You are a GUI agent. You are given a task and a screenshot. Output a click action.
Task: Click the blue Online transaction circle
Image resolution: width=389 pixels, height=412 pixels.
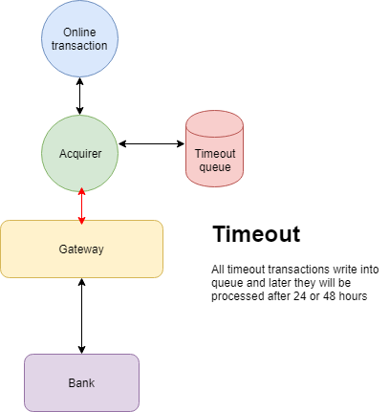[x=80, y=39]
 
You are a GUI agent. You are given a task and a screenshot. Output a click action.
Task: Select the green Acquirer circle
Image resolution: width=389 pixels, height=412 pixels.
[x=80, y=152]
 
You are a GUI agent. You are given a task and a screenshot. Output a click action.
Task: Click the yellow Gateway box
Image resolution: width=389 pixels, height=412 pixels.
[x=81, y=249]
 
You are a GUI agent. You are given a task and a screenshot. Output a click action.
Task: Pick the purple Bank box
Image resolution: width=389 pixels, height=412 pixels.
[x=81, y=382]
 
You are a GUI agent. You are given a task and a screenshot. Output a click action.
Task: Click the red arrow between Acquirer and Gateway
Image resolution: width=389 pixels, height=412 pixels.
[x=81, y=206]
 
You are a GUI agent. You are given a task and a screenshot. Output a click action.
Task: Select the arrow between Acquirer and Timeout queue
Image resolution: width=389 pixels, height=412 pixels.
[x=151, y=144]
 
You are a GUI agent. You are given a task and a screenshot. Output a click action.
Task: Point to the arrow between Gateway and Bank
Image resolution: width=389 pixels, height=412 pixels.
[x=81, y=315]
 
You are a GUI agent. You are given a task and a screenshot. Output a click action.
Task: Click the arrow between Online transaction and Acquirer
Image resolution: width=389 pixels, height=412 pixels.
[x=80, y=96]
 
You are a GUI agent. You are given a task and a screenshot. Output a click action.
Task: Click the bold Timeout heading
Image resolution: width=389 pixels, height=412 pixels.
[x=256, y=235]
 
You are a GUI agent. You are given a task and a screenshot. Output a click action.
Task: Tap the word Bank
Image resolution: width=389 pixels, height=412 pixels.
[x=81, y=383]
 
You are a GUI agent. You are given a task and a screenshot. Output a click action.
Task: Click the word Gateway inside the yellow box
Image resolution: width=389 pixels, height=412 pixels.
[x=81, y=249]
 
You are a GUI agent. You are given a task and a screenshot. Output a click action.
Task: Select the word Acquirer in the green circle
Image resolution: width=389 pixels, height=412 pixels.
[x=80, y=152]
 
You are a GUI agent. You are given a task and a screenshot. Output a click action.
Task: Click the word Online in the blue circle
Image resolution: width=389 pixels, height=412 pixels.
[x=80, y=33]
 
